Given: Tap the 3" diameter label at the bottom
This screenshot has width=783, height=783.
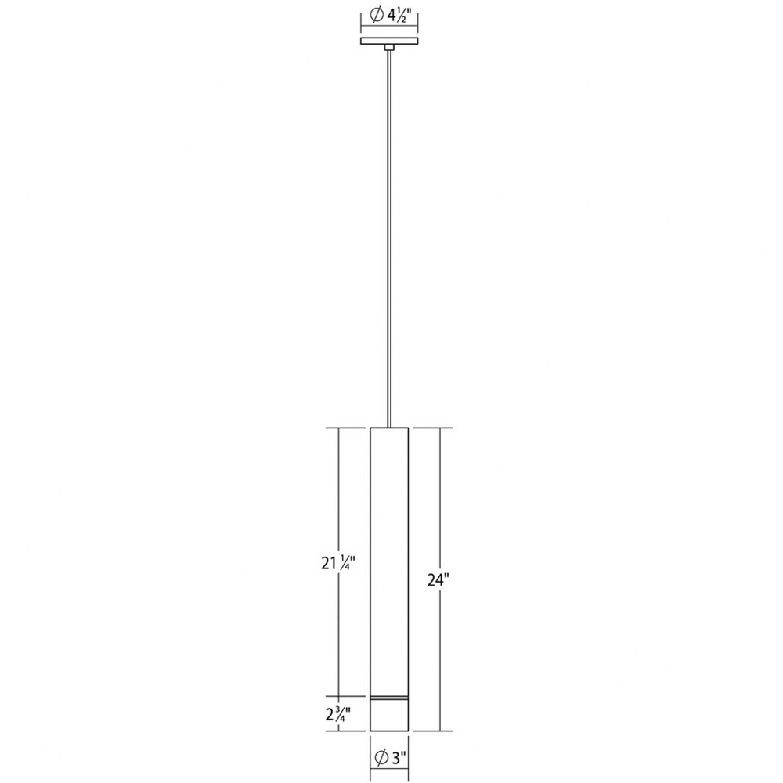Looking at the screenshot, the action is pyautogui.click(x=388, y=757).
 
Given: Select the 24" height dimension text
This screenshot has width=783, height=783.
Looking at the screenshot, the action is pyautogui.click(x=438, y=579).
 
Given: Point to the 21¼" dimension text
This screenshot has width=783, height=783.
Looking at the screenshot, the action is pyautogui.click(x=338, y=564).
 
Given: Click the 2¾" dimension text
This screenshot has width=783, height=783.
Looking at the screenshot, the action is pyautogui.click(x=338, y=714).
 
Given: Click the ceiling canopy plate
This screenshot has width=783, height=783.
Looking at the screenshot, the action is pyautogui.click(x=389, y=41).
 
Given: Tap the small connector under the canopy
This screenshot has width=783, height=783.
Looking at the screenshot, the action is pyautogui.click(x=389, y=47).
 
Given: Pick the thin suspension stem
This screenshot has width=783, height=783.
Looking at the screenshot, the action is pyautogui.click(x=389, y=239).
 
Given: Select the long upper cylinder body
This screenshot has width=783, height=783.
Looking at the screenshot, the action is pyautogui.click(x=389, y=561).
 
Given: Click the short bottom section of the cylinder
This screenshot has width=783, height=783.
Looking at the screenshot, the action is pyautogui.click(x=389, y=716).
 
